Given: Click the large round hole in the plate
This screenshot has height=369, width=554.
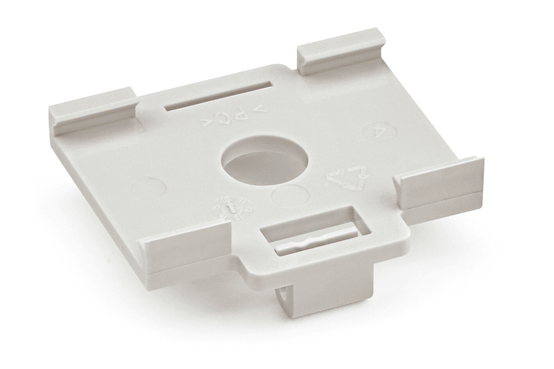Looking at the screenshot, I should (x=265, y=160).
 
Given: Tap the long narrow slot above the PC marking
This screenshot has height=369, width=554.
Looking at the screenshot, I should (x=217, y=96).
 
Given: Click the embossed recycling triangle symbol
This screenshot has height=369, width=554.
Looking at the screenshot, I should (x=348, y=177).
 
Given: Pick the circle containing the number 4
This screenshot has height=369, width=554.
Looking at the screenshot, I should (x=380, y=131).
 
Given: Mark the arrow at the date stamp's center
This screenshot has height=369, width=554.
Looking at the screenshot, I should (x=229, y=208).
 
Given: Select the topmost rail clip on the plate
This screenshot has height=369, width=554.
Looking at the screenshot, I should (x=341, y=50).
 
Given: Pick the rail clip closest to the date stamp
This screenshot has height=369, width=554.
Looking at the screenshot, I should (x=187, y=247).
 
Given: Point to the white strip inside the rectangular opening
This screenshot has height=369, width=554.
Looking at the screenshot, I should (x=316, y=241).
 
